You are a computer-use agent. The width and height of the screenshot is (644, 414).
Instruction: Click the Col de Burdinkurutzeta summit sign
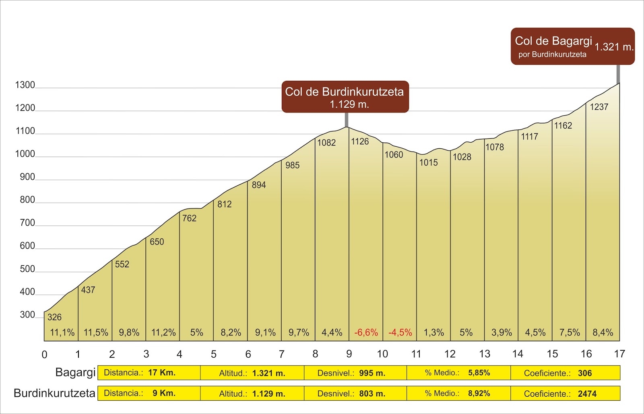345,97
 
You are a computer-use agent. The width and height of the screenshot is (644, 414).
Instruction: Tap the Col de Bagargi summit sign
572,46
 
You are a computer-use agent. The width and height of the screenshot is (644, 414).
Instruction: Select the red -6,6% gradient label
366,333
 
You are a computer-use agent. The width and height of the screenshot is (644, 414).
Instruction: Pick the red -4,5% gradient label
400,333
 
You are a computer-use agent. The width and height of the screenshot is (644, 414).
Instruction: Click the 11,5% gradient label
96,333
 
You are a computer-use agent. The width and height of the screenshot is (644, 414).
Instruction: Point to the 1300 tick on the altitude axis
25,85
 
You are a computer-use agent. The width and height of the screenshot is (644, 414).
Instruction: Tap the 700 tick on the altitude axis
27,223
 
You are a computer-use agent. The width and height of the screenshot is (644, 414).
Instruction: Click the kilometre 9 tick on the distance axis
349,354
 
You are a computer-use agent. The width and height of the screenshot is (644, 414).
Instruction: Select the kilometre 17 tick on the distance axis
619,354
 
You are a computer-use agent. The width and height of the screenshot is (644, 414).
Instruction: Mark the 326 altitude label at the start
54,317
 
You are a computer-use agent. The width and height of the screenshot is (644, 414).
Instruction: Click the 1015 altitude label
428,163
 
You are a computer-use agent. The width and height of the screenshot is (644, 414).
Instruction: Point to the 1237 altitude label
599,107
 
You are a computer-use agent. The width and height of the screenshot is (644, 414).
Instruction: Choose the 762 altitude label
189,218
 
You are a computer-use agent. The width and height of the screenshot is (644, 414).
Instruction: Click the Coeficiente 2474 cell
565,394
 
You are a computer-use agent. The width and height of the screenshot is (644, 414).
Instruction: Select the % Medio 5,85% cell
458,373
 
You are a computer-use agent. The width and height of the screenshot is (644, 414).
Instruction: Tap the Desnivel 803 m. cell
355,394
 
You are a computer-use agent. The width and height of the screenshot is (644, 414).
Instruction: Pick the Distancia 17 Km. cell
149,373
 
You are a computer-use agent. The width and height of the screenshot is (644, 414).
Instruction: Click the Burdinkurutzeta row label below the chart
54,393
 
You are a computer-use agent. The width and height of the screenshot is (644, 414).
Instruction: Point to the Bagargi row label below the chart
75,372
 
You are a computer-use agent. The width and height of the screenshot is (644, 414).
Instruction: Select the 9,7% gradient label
299,333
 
